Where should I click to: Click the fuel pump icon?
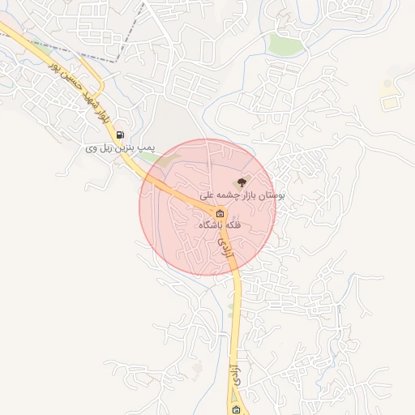coord(121,135)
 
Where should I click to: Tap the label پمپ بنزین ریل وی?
coord(121,149)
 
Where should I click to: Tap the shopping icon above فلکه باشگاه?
coord(220,214)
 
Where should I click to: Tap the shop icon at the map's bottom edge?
coord(236,410)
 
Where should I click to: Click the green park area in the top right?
coord(285,44)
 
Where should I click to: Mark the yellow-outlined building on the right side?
coord(391,103)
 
